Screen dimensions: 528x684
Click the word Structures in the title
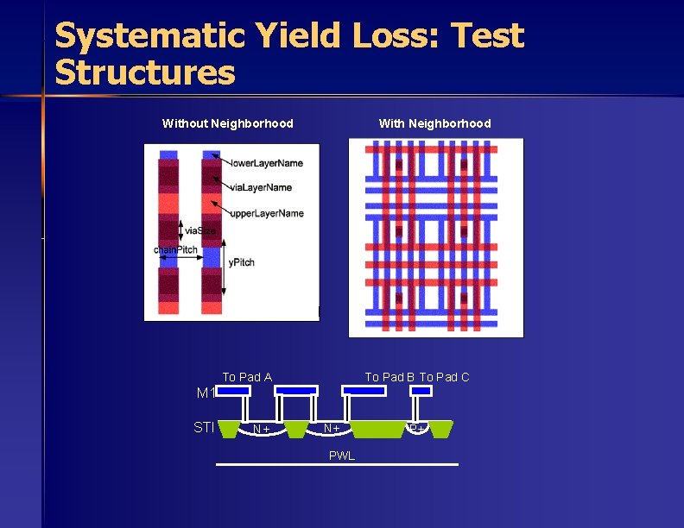point(144,72)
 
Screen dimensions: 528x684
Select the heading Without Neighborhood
point(228,123)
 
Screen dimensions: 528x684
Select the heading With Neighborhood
point(434,123)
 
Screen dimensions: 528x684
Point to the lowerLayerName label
point(267,163)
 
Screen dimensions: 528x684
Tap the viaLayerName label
point(261,187)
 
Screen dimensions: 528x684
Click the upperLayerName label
point(267,213)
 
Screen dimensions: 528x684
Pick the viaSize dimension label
point(199,230)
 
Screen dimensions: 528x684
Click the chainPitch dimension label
point(176,250)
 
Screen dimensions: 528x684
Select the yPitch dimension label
point(241,262)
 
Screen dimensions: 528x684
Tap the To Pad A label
point(247,377)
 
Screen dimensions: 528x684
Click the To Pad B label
point(390,377)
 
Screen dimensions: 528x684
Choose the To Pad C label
point(445,377)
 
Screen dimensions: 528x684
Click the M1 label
point(206,393)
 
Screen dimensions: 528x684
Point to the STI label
point(204,426)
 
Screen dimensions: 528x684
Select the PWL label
point(342,456)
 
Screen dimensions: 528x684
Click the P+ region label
point(416,429)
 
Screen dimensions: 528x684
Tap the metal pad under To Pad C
point(421,391)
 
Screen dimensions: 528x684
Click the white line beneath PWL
point(337,465)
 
